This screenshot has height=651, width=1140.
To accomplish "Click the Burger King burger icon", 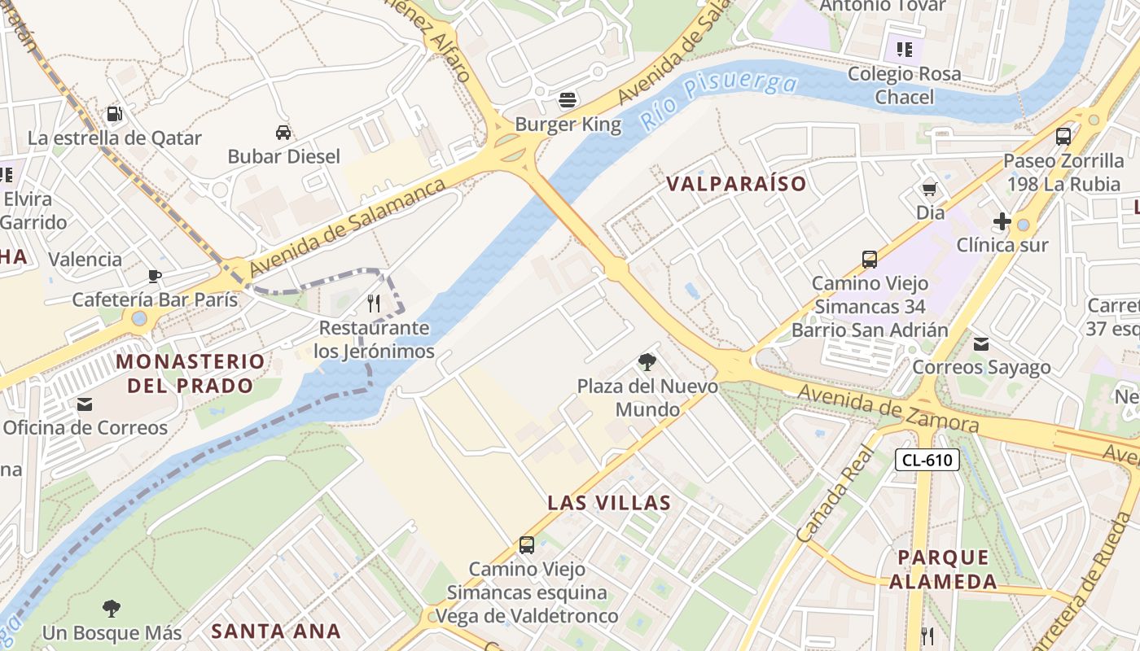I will coord(568,100).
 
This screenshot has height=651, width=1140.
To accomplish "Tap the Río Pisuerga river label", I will coord(717,100).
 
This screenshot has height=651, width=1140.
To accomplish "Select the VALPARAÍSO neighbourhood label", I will coord(736,184).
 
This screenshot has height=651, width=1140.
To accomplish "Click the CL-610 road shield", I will coord(927,460).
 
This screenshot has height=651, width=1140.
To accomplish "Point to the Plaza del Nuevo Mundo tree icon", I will coord(647,362).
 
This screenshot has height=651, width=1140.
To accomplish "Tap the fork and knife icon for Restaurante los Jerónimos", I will coord(374,304).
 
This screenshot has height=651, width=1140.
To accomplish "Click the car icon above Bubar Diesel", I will coord(283,133).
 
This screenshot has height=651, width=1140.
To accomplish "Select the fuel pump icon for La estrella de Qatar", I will coord(115,114).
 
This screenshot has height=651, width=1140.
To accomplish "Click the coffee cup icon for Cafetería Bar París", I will coord(155,276).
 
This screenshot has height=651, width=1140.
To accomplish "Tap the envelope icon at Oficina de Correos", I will coord(85,404).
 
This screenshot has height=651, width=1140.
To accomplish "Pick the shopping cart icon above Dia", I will coord(930,190).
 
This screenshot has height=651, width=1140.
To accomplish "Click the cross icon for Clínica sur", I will coord(1002,221).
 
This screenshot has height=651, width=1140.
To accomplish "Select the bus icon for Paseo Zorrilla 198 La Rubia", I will coord(1063,137).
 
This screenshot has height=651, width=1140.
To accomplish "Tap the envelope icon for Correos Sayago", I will coord(981,344).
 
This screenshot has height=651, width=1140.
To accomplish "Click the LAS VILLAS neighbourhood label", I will coord(609,503).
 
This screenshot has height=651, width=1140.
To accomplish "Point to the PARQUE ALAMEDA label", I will coord(943,570).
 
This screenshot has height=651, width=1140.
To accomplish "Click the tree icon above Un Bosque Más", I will coord(112,609).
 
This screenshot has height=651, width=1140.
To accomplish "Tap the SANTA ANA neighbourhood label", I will coord(276,631).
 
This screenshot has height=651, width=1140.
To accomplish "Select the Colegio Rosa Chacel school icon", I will coord(904,50).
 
